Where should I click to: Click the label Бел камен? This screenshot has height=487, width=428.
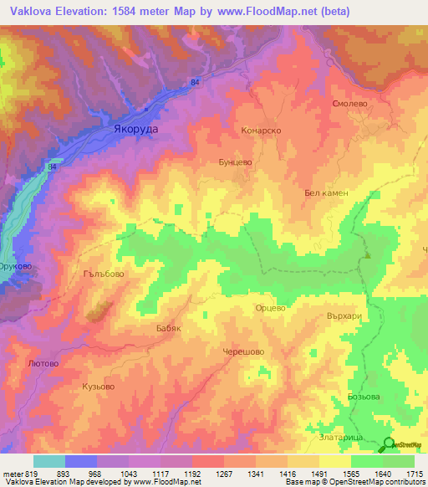click(x=325, y=192)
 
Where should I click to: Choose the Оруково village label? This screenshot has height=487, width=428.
click(x=15, y=266)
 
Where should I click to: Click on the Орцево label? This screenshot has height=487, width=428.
click(x=270, y=308)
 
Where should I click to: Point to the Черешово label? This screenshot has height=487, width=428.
click(x=243, y=352)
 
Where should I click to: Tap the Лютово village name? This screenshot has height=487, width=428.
click(x=43, y=364)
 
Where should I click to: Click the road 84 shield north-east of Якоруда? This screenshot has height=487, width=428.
click(x=195, y=82)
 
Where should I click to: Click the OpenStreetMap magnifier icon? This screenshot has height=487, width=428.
click(x=389, y=444)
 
